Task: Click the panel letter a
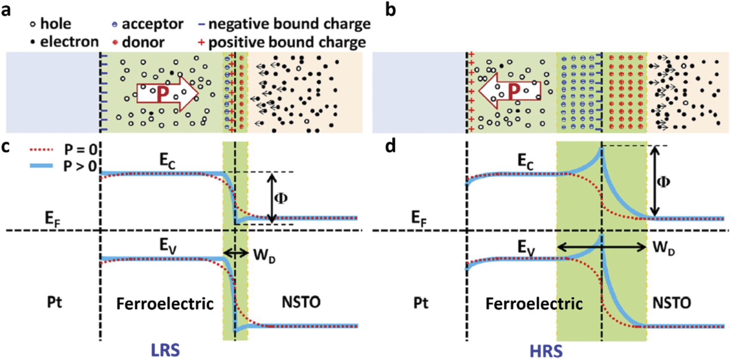6,9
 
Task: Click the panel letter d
390,146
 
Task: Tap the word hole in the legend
56,24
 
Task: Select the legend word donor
143,42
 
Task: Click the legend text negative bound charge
289,24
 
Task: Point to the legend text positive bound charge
287,42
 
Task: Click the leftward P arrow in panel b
509,91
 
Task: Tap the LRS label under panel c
165,350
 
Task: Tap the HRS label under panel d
546,351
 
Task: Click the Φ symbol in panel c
281,198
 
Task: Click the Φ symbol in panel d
663,182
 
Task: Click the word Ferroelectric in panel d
534,304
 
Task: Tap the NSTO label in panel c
301,302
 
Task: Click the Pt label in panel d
420,303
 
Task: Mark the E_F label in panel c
52,218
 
